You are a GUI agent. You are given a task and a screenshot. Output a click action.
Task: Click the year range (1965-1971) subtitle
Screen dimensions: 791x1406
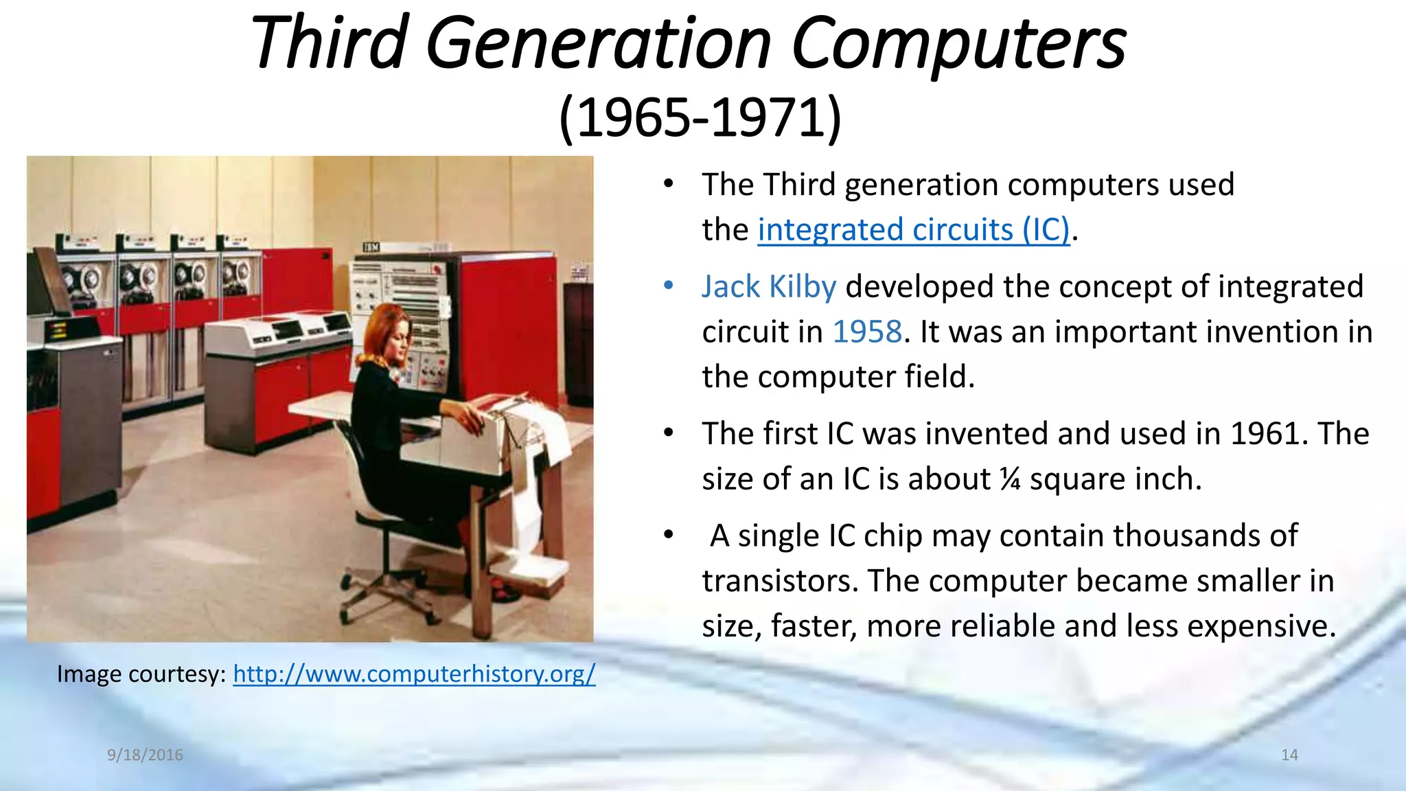[700, 118]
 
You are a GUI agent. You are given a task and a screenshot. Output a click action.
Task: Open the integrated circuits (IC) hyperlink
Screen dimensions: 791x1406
[913, 230]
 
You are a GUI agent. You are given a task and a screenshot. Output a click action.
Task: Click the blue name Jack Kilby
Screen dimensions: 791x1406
[769, 287]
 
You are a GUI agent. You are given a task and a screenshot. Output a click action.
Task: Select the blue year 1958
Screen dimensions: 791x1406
[866, 332]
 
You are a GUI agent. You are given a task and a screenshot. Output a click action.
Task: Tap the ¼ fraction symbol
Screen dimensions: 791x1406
[1010, 479]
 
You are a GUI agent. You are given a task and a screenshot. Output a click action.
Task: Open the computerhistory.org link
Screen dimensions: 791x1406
[414, 674]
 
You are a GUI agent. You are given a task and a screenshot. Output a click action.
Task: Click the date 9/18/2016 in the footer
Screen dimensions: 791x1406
[145, 755]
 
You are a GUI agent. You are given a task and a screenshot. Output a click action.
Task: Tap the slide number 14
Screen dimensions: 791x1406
[1289, 755]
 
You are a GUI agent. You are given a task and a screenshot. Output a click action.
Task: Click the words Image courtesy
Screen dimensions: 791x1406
[141, 674]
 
